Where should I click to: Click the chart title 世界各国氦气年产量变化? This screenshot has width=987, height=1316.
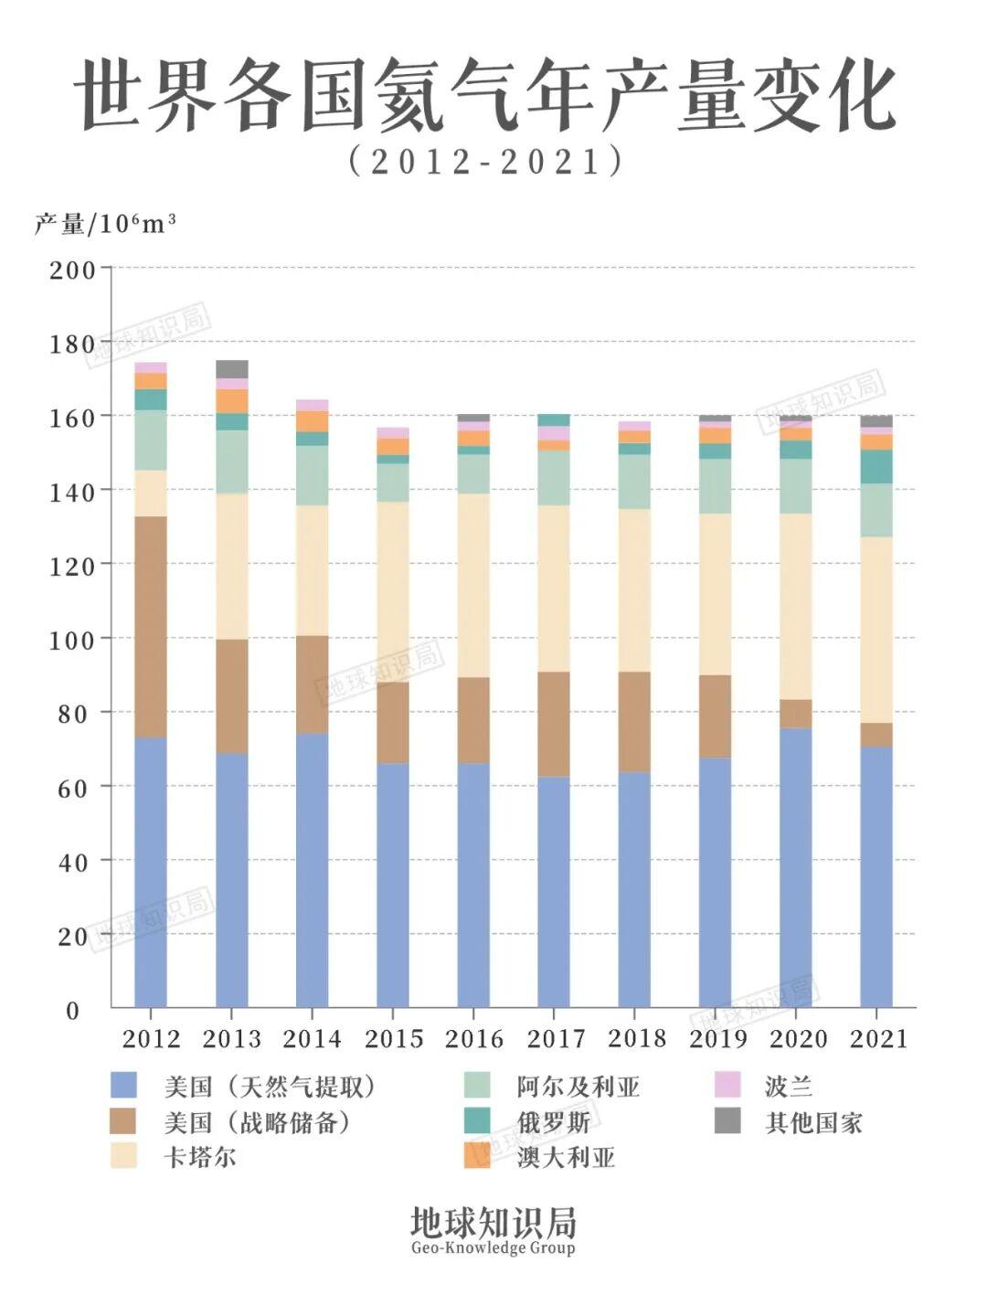point(484,96)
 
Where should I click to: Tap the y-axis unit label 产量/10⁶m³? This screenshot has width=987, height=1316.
point(104,223)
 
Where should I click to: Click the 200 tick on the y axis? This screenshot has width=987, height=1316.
point(72,270)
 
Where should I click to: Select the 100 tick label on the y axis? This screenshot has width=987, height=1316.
point(72,640)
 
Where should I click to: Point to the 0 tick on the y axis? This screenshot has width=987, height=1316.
point(72,1010)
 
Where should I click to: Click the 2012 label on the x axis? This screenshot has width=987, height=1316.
point(151,1038)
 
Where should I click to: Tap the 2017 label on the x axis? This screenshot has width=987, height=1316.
point(555,1038)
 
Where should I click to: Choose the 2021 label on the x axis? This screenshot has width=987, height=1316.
point(877,1038)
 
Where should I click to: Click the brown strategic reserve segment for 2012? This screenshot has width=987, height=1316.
point(151,626)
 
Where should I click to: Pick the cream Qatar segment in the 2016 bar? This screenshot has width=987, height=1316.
point(473,585)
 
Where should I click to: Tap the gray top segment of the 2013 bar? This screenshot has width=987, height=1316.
point(231,368)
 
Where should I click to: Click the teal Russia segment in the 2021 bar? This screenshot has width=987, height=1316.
point(876,466)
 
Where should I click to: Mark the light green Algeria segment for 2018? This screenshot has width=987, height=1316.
point(634,481)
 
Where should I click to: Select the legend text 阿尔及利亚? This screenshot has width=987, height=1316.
point(578,1087)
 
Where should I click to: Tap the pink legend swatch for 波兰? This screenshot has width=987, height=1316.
point(727,1086)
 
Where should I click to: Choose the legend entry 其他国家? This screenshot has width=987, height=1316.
point(813,1122)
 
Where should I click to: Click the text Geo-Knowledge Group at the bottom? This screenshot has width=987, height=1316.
point(493,1248)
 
